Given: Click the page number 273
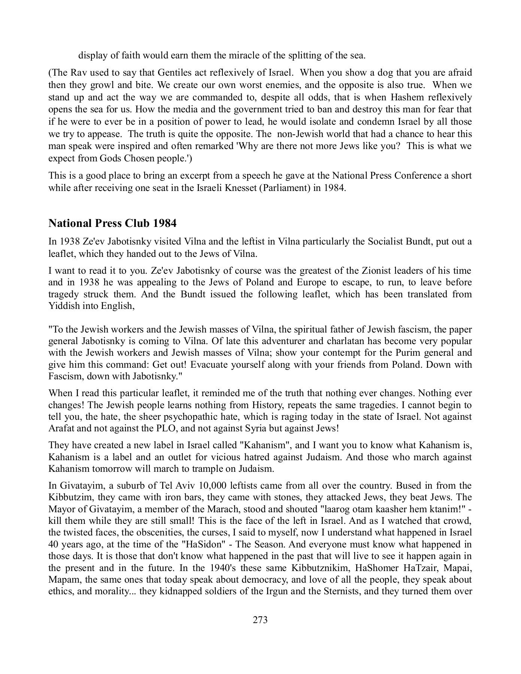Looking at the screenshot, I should pyautogui.click(x=260, y=620).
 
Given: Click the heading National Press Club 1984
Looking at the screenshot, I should pyautogui.click(x=112, y=223).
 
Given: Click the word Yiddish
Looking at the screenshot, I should pyautogui.click(x=64, y=306).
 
